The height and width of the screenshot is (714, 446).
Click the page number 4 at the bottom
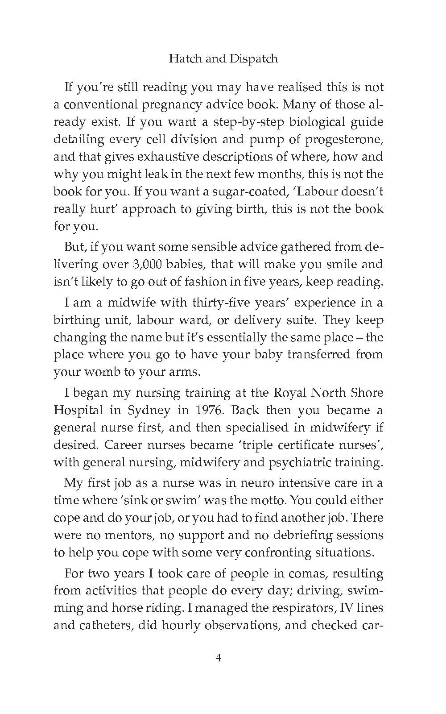219,658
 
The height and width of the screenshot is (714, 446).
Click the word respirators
298,608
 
